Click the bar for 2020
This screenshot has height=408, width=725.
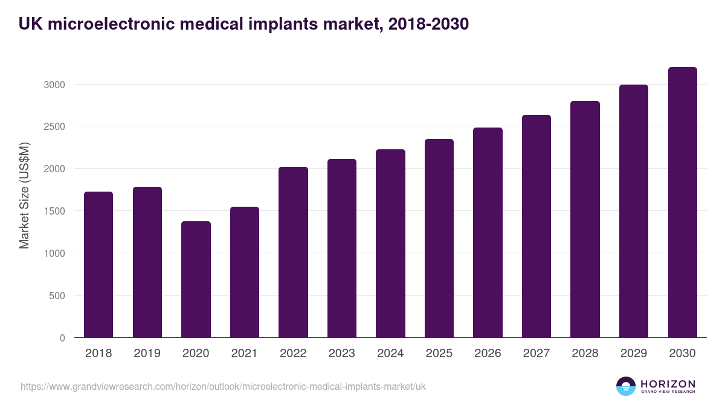coord(196,279)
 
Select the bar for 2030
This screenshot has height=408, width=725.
coord(682,202)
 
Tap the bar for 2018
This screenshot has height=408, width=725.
coord(98,265)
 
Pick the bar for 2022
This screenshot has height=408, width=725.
coord(293,252)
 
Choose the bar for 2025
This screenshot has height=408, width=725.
coord(439,238)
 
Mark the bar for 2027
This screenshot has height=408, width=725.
coord(536,226)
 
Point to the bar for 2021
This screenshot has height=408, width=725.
coord(245,272)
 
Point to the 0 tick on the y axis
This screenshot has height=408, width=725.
coord(62,338)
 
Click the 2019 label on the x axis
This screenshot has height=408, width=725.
coord(147,354)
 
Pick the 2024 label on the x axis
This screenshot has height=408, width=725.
coord(390,354)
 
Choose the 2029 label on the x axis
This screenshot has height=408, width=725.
coord(634,354)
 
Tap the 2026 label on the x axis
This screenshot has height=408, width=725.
coord(488,354)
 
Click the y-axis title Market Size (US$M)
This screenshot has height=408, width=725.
coord(24,195)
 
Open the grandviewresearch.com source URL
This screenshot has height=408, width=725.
coord(223,386)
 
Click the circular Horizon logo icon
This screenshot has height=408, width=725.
coord(626,386)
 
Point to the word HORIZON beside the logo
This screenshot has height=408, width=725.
coord(668,383)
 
